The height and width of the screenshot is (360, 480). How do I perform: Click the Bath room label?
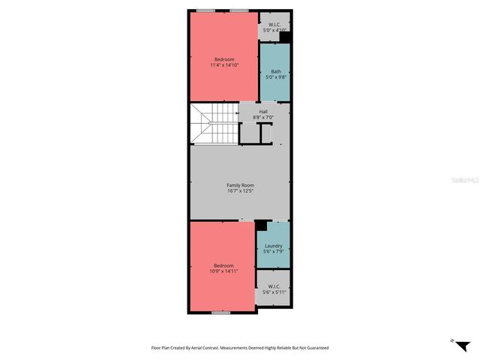pyautogui.click(x=276, y=71)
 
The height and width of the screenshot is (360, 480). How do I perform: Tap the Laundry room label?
pyautogui.click(x=273, y=245)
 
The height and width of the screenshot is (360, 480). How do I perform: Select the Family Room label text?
pyautogui.click(x=241, y=185)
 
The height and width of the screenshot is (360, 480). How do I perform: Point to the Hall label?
pyautogui.click(x=263, y=112)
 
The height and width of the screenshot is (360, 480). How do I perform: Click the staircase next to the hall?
pyautogui.click(x=214, y=124)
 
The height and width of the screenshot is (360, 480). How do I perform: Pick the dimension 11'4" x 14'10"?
pyautogui.click(x=224, y=65)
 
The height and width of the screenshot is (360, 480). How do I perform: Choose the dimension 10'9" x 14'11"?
pyautogui.click(x=223, y=271)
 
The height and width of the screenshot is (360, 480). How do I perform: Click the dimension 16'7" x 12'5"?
pyautogui.click(x=241, y=191)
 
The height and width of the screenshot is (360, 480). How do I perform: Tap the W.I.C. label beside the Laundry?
pyautogui.click(x=273, y=286)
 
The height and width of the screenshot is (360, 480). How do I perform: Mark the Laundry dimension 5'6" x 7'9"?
pyautogui.click(x=273, y=251)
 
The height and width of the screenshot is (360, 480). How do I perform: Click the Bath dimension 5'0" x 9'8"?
pyautogui.click(x=276, y=77)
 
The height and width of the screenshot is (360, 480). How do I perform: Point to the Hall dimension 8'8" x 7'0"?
pyautogui.click(x=263, y=117)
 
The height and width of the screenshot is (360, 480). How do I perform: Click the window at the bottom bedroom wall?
pyautogui.click(x=220, y=312)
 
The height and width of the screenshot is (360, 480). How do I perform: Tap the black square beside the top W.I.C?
pyautogui.click(x=285, y=36)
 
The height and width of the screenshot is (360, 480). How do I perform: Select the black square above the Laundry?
pyautogui.click(x=261, y=225)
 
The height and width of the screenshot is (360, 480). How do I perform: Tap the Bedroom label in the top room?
pyautogui.click(x=224, y=59)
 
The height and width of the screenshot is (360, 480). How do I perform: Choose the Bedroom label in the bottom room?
pyautogui.click(x=223, y=265)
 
